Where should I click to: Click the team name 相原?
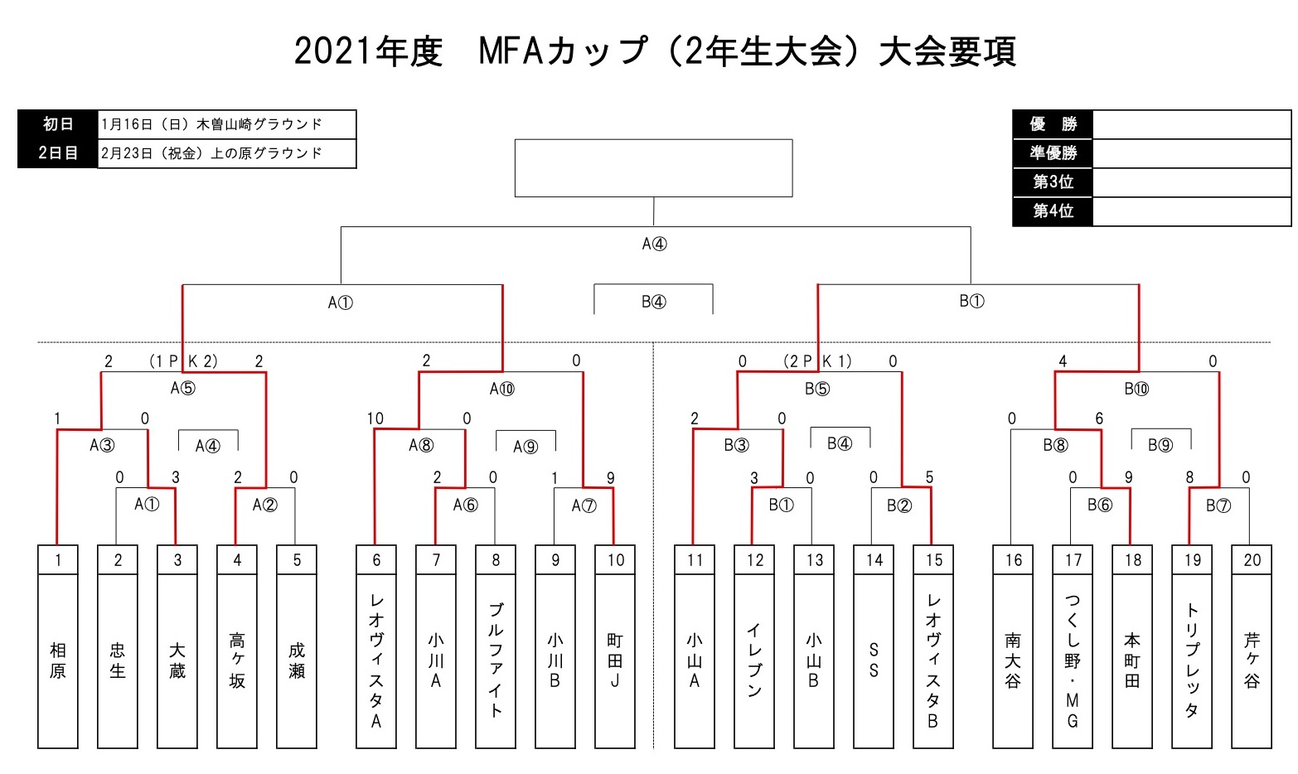click(58, 660)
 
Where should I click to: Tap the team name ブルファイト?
click(496, 660)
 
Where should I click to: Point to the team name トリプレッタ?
click(1192, 660)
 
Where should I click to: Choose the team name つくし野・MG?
click(1073, 661)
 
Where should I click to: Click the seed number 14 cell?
click(874, 559)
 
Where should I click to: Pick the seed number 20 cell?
click(1252, 559)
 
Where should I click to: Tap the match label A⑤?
click(183, 388)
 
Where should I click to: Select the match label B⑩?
click(1136, 389)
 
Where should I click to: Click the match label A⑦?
click(584, 506)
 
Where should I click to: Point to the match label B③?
click(737, 445)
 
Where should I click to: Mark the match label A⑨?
click(525, 447)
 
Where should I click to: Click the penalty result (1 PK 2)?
click(183, 361)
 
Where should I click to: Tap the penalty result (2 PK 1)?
click(817, 361)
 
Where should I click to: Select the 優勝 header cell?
click(1053, 124)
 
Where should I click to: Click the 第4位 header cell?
click(1053, 210)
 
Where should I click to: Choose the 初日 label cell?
click(58, 124)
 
